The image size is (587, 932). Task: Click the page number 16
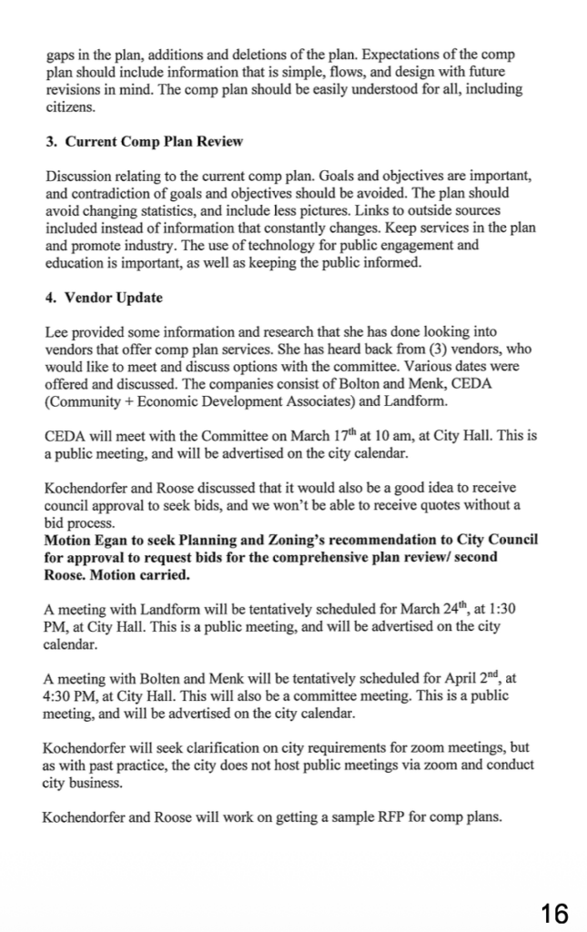(553, 912)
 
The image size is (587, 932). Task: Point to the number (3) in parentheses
(371, 349)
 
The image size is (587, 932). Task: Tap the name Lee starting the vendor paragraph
(56, 333)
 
